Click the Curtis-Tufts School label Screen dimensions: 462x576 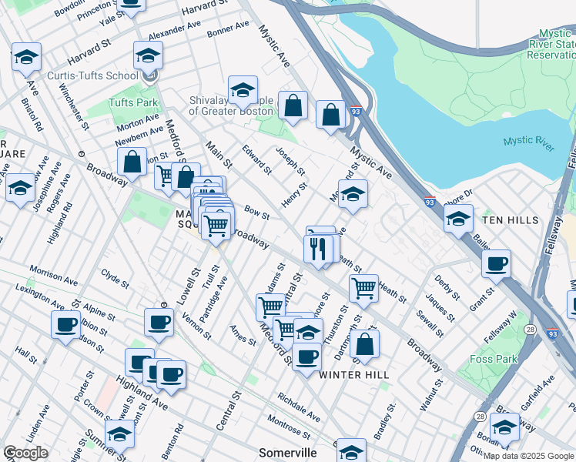(93, 75)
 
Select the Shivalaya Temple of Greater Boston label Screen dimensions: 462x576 (231, 105)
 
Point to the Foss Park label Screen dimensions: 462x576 (492, 358)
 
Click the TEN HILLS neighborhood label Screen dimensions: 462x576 (511, 220)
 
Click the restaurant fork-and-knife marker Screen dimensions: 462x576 (318, 247)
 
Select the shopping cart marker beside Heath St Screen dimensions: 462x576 (363, 290)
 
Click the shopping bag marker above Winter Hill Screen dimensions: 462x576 (366, 343)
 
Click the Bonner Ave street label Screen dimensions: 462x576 (229, 28)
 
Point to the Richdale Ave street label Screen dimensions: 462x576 (299, 409)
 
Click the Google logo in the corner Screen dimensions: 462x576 (25, 453)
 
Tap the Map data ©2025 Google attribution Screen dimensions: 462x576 (528, 456)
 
